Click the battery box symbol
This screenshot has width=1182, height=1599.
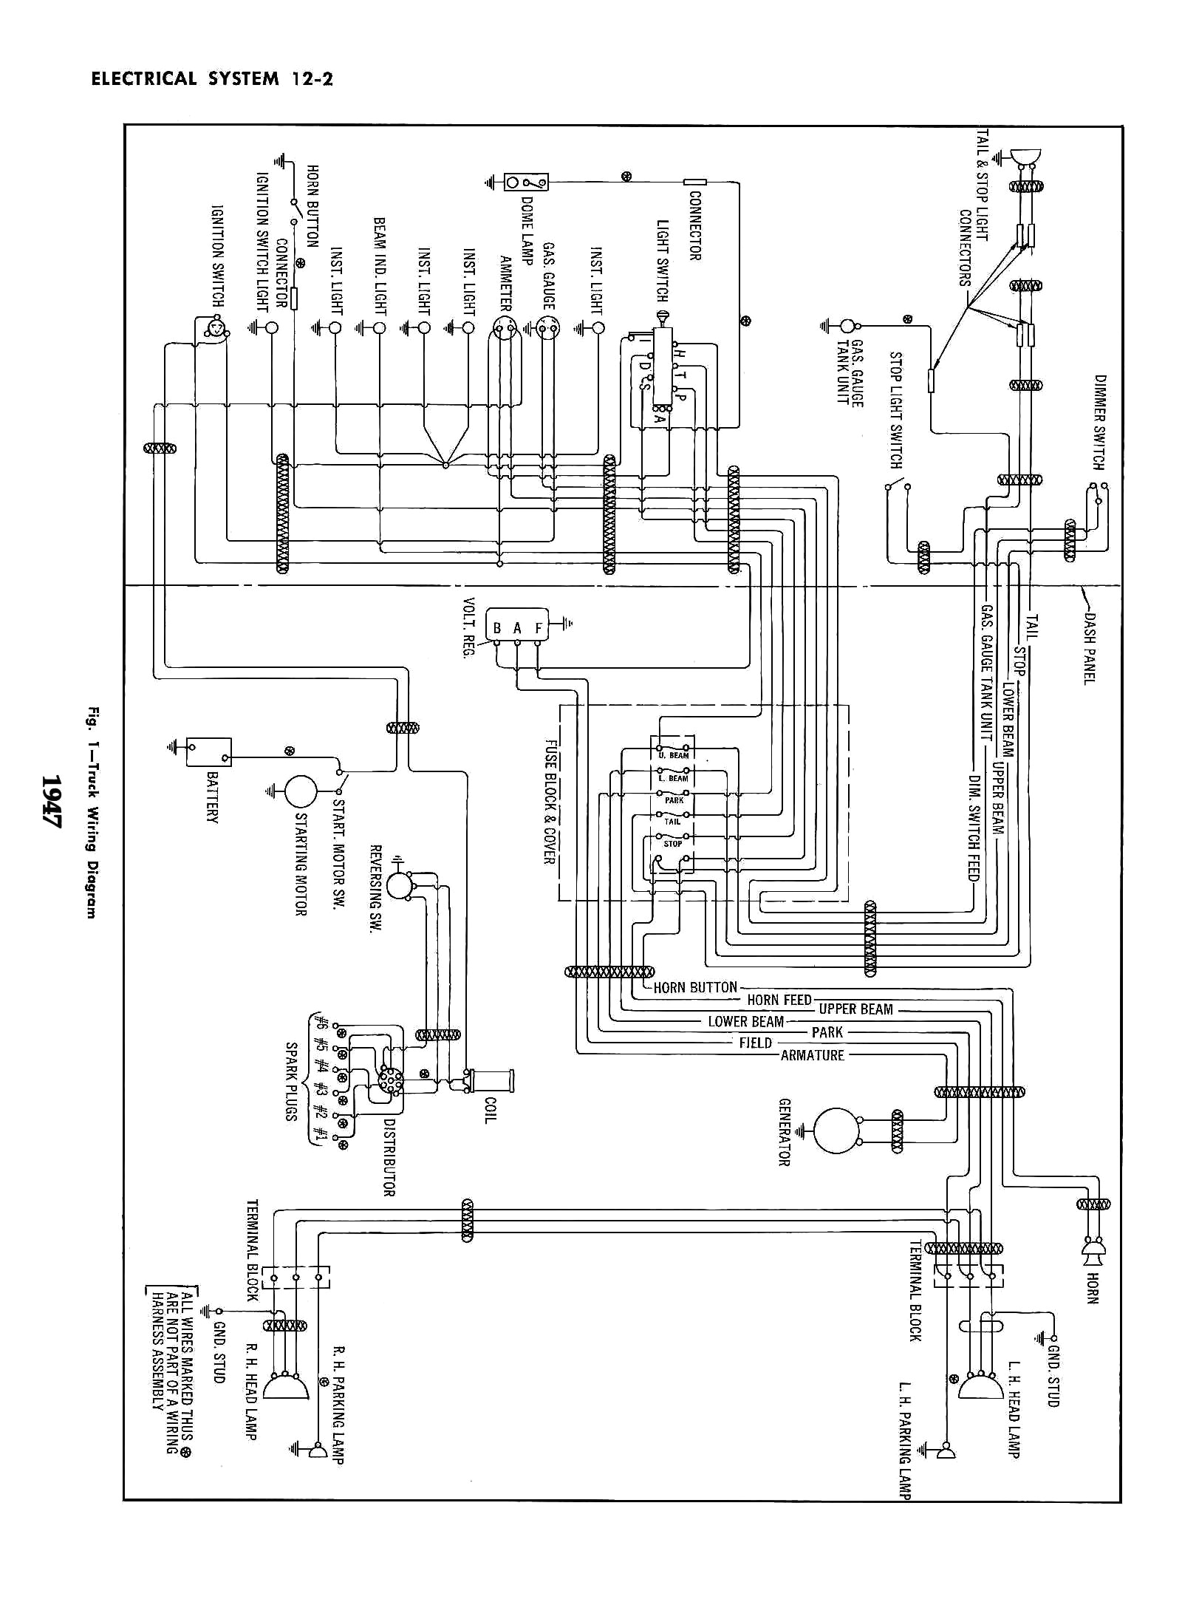point(208,751)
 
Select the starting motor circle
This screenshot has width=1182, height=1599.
point(301,791)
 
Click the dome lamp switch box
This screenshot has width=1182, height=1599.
point(526,181)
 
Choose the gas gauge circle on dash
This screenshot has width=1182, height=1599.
point(548,326)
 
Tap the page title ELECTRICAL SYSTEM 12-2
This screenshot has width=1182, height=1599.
point(212,79)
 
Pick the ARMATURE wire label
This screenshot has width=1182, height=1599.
point(812,1055)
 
